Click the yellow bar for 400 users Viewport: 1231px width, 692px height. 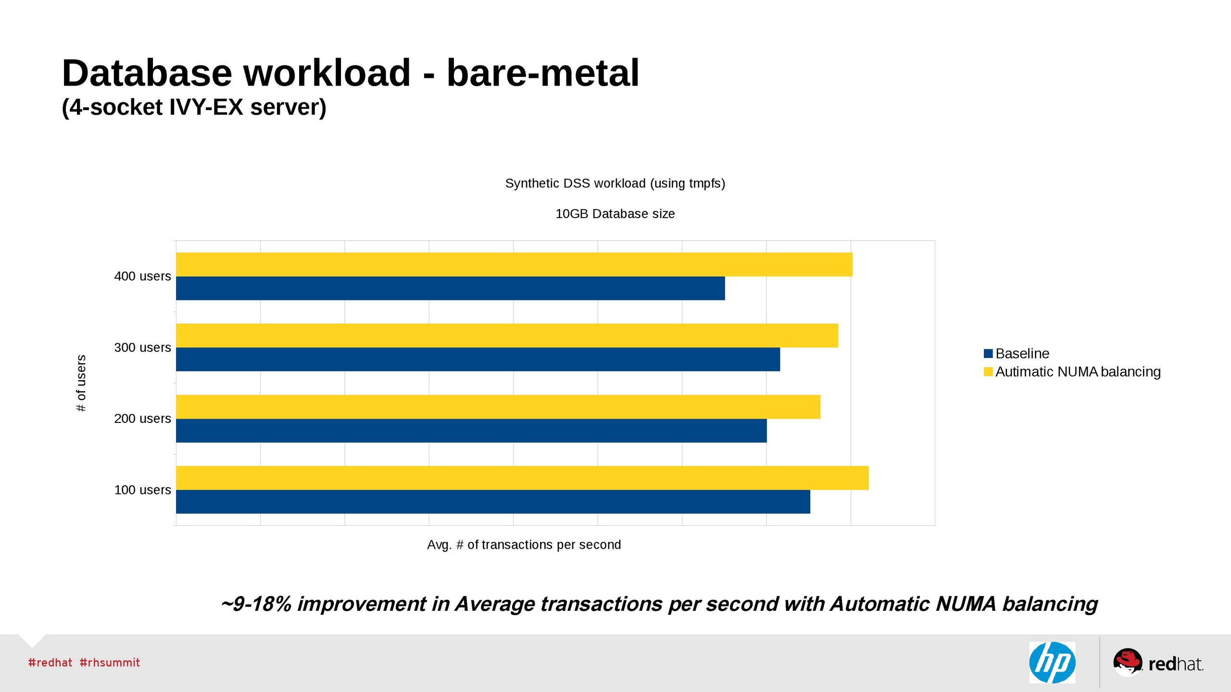coord(514,264)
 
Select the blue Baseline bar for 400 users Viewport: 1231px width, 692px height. coord(450,288)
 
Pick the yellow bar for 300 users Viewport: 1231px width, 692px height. coord(507,335)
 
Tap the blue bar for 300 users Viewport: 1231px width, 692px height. coord(477,359)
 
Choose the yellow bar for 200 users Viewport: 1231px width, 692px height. coord(498,407)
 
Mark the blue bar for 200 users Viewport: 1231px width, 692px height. coord(471,431)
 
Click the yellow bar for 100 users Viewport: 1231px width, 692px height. coord(522,478)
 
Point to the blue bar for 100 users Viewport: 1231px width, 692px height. coord(493,502)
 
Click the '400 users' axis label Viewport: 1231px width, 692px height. coord(142,276)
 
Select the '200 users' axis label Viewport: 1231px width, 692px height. coord(142,419)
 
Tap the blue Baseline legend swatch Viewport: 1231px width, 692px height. coord(988,354)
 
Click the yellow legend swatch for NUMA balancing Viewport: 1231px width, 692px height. coord(988,372)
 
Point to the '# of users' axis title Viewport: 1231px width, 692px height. coord(81,383)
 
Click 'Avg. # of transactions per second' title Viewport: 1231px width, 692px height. coord(524,544)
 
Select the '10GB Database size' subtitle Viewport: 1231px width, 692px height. coord(615,214)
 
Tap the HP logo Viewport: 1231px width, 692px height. coord(1052,662)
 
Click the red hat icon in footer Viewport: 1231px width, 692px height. coord(1127,661)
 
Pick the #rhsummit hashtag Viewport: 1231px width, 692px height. coord(110,663)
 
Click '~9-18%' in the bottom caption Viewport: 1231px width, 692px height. coord(256,604)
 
